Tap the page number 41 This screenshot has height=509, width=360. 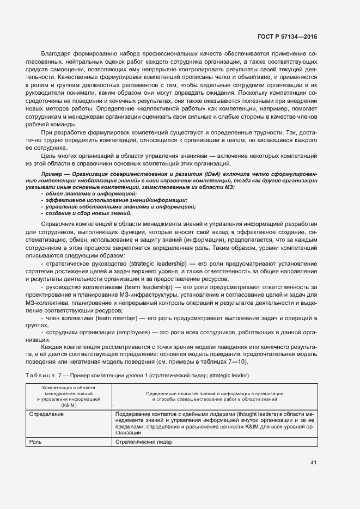click(313, 462)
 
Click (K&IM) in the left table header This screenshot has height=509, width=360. click(69, 406)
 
